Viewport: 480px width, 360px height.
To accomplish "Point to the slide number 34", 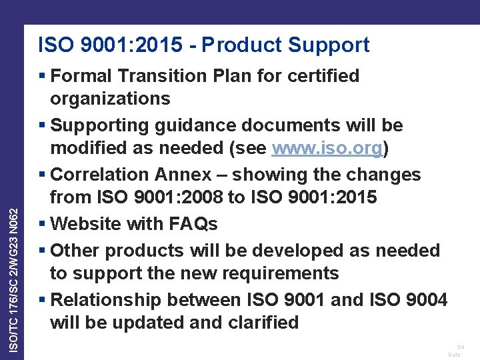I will (x=459, y=347).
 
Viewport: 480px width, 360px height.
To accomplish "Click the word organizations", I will (x=110, y=99).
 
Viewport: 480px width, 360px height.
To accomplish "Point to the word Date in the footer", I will (x=455, y=355).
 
